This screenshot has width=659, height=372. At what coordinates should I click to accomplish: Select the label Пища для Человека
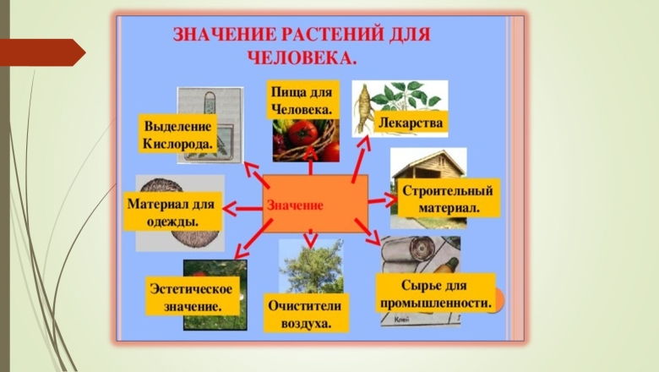click(x=300, y=100)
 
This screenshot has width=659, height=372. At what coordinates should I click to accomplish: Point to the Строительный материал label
click(x=447, y=198)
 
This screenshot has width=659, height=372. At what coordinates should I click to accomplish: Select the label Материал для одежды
click(x=172, y=212)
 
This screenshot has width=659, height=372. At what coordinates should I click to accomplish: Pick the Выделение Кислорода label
click(x=178, y=135)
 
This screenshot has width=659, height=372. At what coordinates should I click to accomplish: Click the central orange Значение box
click(x=315, y=203)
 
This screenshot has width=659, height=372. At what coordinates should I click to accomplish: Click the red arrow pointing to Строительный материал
click(x=383, y=200)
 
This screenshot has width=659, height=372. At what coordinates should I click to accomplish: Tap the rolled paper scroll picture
click(x=411, y=254)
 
